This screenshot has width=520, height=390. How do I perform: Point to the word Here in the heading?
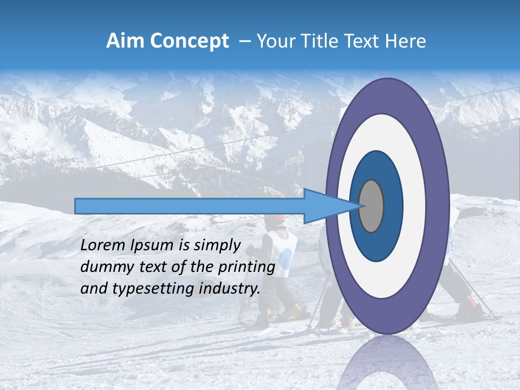[406, 41]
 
